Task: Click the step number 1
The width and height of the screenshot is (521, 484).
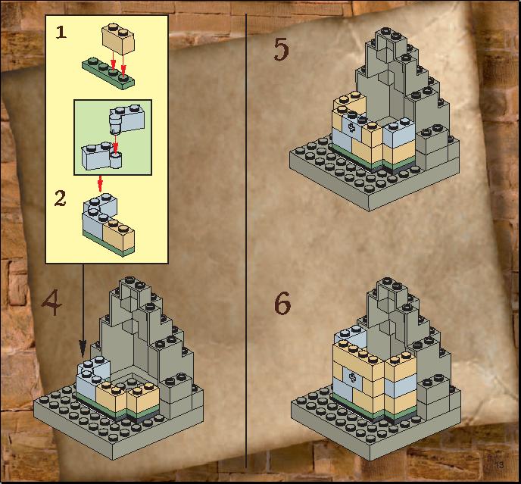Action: [x=61, y=33]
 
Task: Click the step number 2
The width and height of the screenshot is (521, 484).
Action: [x=60, y=198]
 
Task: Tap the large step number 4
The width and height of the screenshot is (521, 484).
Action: [x=52, y=302]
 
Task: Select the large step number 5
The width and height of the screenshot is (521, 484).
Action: [x=281, y=49]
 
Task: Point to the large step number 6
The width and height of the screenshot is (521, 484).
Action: [x=282, y=304]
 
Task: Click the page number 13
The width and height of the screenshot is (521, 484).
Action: [x=499, y=464]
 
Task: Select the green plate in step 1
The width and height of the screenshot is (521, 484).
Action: [x=108, y=73]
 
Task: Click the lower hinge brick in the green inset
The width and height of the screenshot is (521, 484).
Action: [x=101, y=156]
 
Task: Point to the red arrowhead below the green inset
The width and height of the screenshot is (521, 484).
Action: [x=100, y=186]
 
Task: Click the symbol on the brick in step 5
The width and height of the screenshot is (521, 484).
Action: [x=352, y=127]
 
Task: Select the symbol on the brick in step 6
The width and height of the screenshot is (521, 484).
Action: [x=352, y=378]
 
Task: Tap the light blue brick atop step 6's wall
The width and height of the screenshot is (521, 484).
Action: [x=350, y=336]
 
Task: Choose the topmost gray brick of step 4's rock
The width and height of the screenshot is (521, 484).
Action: [x=136, y=289]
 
